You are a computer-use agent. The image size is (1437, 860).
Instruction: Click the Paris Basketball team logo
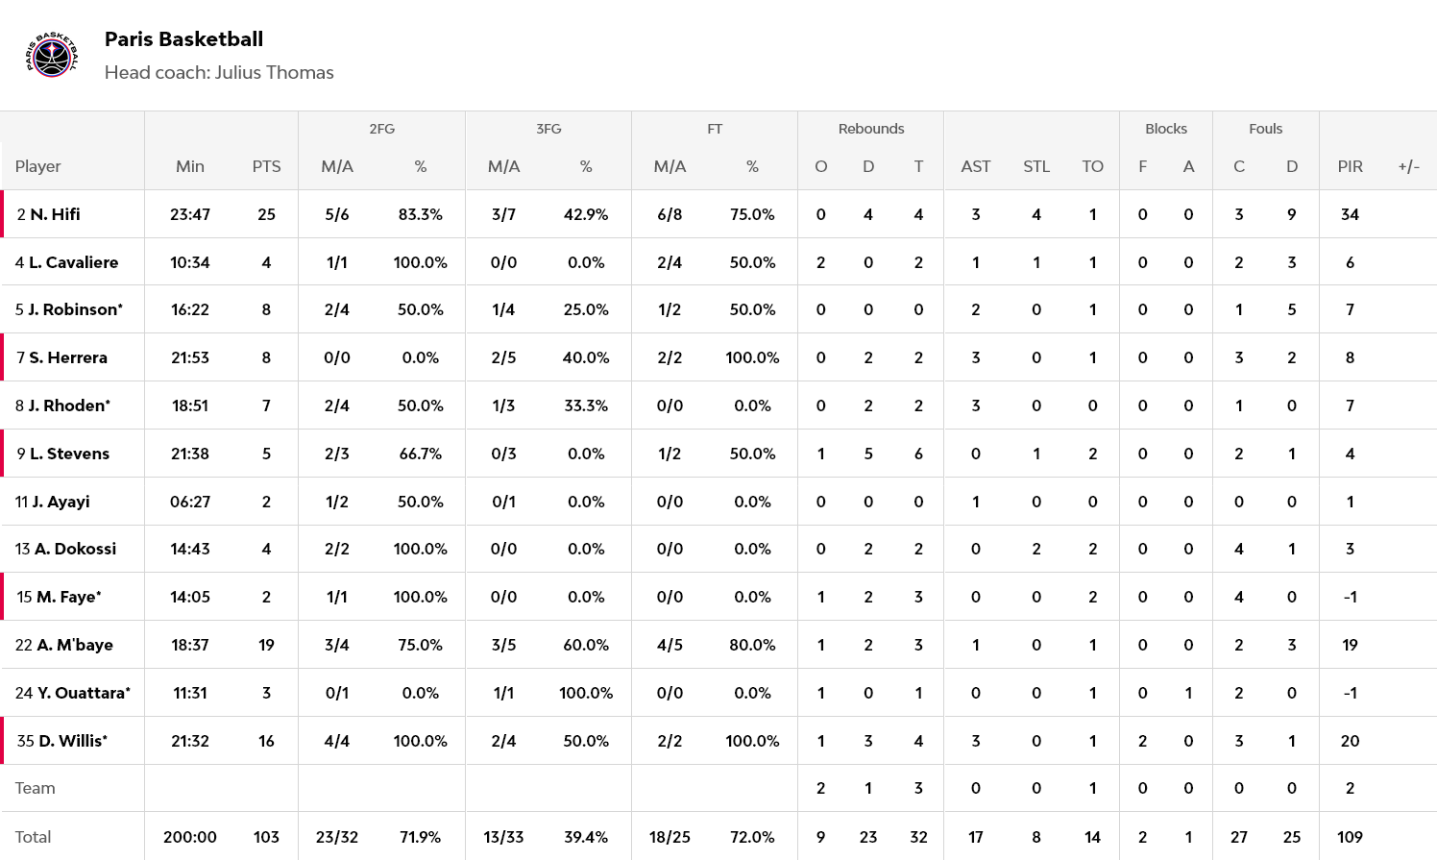(51, 56)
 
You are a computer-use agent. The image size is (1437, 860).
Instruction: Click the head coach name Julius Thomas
(274, 73)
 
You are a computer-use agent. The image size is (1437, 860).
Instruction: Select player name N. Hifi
(55, 214)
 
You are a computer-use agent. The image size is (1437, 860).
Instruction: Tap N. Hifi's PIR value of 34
(1350, 214)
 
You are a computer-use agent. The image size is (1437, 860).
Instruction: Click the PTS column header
(266, 166)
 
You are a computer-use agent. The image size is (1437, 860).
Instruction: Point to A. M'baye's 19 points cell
(266, 645)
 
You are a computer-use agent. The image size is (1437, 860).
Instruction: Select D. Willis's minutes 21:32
(190, 741)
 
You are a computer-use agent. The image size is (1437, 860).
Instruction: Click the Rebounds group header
(870, 129)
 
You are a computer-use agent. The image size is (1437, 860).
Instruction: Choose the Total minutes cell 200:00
(190, 837)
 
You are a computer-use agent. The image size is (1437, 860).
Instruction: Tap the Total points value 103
(266, 837)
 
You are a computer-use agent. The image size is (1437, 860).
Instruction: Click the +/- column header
(1408, 166)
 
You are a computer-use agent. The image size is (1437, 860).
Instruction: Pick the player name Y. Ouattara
(84, 693)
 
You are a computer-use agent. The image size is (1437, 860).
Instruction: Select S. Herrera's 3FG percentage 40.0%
(586, 357)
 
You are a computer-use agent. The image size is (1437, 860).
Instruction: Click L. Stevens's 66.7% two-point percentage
(420, 454)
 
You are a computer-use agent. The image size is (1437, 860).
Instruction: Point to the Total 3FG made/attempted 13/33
(503, 837)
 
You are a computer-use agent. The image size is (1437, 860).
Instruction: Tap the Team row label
(36, 788)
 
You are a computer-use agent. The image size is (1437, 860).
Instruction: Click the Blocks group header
(1165, 129)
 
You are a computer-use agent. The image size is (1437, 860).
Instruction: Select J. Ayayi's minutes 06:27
(190, 502)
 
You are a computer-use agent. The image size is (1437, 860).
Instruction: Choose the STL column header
(1035, 166)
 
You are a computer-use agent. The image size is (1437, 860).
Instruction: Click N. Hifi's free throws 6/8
(670, 214)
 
